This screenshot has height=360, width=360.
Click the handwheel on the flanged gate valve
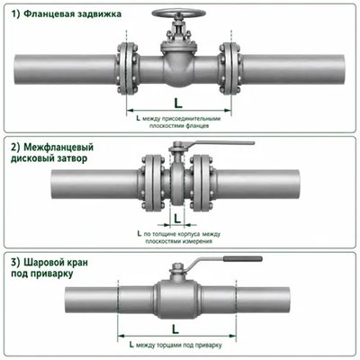[x=179, y=13]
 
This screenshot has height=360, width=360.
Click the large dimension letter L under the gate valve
[x=178, y=103]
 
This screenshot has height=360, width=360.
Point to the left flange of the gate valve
[x=127, y=69]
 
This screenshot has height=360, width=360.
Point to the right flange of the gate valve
[x=230, y=69]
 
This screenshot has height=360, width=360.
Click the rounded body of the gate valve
[x=179, y=69]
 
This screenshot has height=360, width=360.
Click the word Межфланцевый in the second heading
[x=58, y=148]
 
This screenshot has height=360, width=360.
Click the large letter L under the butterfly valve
[x=177, y=219]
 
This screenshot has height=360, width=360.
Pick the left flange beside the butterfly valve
[x=152, y=183]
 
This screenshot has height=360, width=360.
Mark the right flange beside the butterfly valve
[x=202, y=183]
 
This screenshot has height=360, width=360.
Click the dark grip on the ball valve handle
[x=243, y=258]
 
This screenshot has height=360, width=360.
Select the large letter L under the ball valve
[x=175, y=329]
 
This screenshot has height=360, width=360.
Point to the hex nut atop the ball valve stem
[x=177, y=265]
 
